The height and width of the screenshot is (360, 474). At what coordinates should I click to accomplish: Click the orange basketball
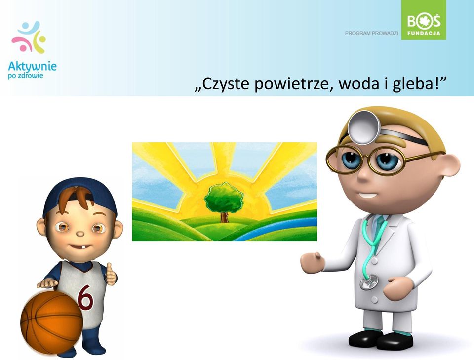(x=52, y=322)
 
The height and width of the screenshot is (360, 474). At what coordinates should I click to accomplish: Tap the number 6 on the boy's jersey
(x=85, y=297)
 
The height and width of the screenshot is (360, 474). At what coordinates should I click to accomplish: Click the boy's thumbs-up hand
(x=111, y=274)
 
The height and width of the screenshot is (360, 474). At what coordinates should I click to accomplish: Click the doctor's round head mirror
(x=364, y=127)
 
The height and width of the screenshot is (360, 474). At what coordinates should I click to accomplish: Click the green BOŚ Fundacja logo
(x=424, y=20)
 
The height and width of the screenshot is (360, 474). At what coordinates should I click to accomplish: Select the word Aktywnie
(x=33, y=66)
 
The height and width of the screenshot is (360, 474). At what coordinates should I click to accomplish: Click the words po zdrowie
(x=25, y=75)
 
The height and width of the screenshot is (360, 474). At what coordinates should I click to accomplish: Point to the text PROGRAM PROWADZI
(x=371, y=33)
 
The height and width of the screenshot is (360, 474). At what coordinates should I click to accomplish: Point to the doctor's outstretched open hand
(x=312, y=262)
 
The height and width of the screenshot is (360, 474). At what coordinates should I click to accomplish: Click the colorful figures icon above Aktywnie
(x=29, y=37)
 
